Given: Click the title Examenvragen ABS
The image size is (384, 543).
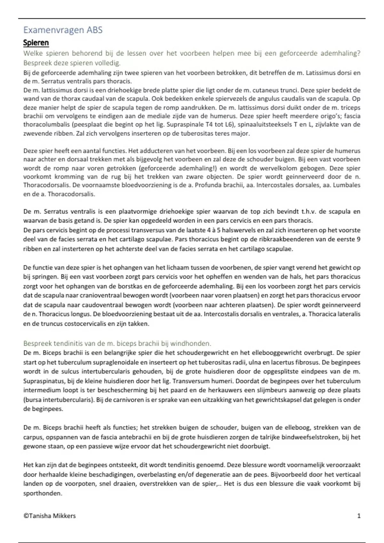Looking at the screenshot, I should click(x=63, y=30).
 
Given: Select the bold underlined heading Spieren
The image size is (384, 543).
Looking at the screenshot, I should click(x=36, y=43).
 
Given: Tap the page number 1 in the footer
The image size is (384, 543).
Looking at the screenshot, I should click(x=359, y=516).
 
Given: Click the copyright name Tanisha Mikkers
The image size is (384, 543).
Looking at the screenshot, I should click(x=52, y=516).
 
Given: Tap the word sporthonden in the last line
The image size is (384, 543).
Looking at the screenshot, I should click(x=42, y=493).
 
